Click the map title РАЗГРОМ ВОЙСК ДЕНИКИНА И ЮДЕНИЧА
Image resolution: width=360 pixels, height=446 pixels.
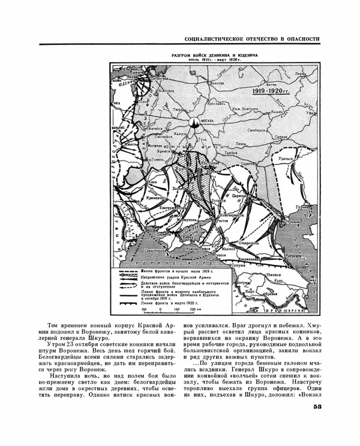point(214,55)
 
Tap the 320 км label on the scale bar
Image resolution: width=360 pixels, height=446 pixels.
point(191,310)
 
